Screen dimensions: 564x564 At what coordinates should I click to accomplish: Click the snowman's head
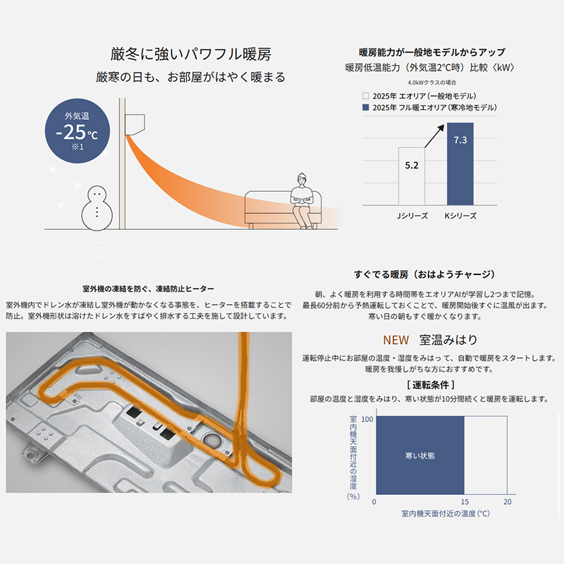pyautogui.click(x=97, y=196)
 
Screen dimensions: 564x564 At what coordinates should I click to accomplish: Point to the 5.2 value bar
pyautogui.click(x=412, y=175)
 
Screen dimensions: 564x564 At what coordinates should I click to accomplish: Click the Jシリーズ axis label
pyautogui.click(x=412, y=216)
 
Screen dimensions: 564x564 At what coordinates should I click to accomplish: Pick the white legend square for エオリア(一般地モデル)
pyautogui.click(x=365, y=95)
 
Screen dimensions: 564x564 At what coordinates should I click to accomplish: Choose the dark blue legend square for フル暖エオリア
pyautogui.click(x=365, y=107)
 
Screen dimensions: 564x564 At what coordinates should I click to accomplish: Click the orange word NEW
pyautogui.click(x=396, y=339)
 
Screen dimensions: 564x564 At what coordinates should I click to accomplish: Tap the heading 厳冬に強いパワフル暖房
pyautogui.click(x=190, y=54)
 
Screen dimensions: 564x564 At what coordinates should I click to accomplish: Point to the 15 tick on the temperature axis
pyautogui.click(x=464, y=501)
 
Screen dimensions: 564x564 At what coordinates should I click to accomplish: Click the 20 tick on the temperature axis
pyautogui.click(x=507, y=501)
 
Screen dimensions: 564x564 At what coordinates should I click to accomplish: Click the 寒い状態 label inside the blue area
pyautogui.click(x=420, y=455)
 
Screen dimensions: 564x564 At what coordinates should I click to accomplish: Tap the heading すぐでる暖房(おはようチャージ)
pyautogui.click(x=429, y=274)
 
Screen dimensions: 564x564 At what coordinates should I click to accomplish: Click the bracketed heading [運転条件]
pyautogui.click(x=430, y=385)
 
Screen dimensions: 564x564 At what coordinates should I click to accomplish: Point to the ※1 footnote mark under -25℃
pyautogui.click(x=77, y=147)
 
